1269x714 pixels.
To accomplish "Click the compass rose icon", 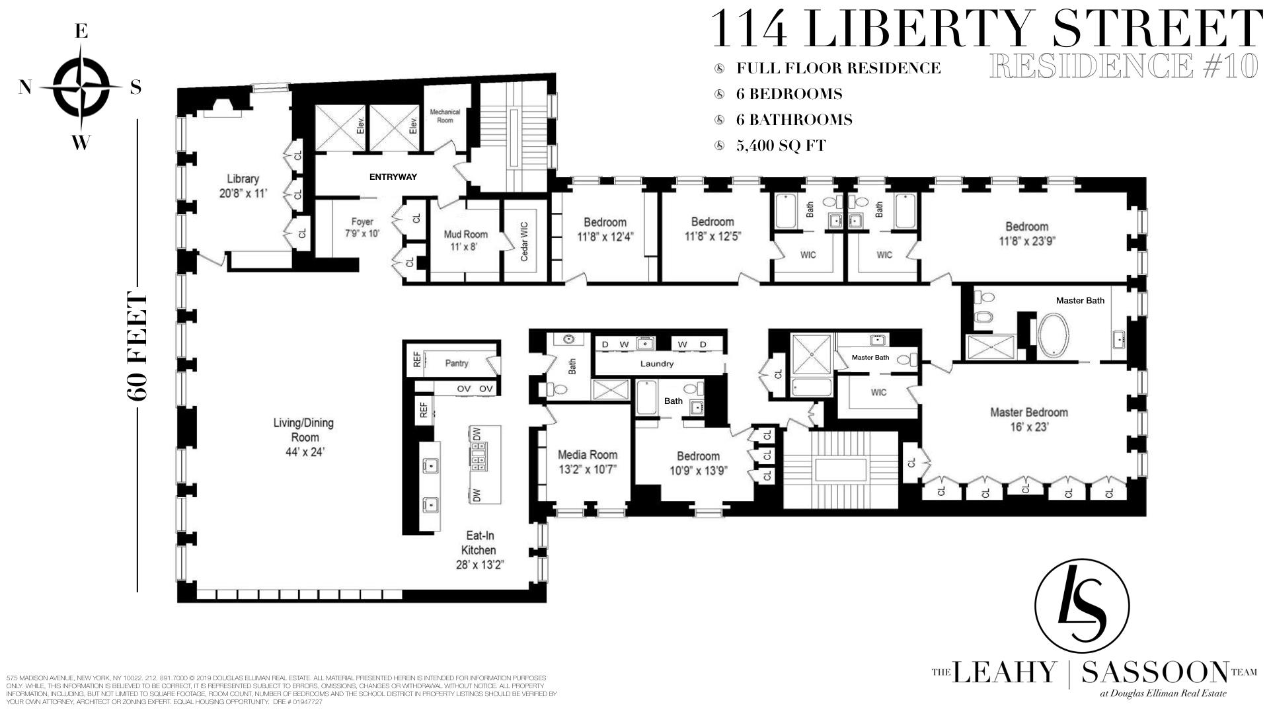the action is pos(81,87).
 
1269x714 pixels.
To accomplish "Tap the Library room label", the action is pos(243,185).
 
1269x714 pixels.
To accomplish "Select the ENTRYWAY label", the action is pos(393,177).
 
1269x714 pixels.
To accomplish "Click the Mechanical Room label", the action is pos(445,116).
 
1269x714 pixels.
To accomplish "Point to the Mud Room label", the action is pos(466,240).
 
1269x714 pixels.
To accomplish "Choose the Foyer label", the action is pos(362,227).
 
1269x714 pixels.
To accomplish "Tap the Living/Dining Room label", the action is pos(304,437).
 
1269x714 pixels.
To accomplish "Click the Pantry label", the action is pos(457,363).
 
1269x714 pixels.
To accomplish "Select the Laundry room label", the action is pos(657,364).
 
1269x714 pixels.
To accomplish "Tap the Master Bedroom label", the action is pos(1028,419).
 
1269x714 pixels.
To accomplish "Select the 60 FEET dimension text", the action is pos(137,346).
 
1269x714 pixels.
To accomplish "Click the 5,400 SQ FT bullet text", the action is pos(781,145).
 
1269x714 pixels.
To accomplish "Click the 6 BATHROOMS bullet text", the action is pos(794,120).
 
